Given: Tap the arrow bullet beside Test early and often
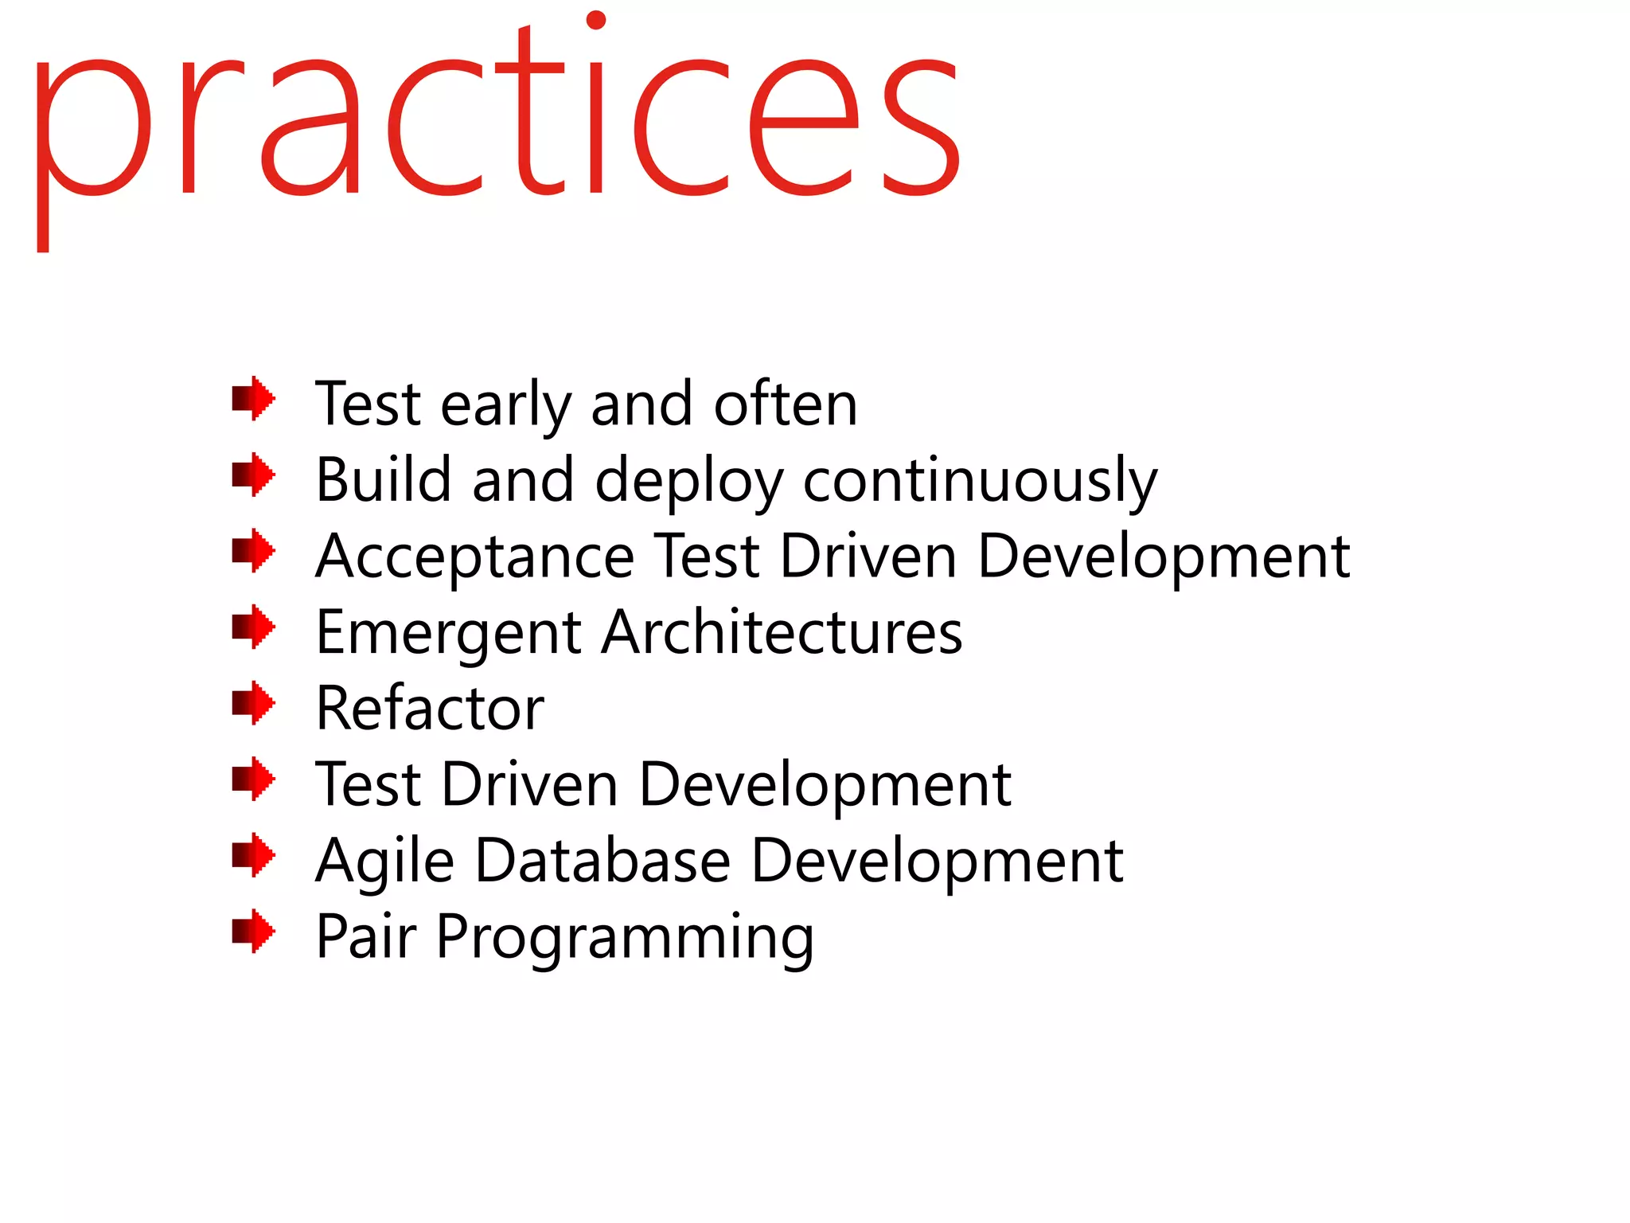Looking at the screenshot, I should tap(253, 398).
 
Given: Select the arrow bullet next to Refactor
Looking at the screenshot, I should tap(253, 703).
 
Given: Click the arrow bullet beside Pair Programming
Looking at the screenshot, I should tap(253, 931).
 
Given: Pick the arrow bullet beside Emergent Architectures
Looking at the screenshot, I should tap(253, 627).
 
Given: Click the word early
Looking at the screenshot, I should tap(505, 406).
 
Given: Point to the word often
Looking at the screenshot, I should tap(785, 404).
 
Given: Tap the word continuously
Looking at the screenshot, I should tap(980, 482).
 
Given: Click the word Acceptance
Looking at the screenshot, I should tap(474, 557).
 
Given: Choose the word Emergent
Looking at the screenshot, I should tap(448, 634).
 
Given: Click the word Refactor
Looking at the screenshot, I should tap(430, 708).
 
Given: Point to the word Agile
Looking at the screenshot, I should tap(384, 862).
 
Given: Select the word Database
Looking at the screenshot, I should tap(602, 861).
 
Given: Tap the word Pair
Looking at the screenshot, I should tap(365, 936).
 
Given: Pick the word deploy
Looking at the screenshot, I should tap(688, 482).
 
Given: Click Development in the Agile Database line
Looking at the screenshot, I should tap(937, 862).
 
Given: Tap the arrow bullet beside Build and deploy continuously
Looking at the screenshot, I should tap(253, 475).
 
